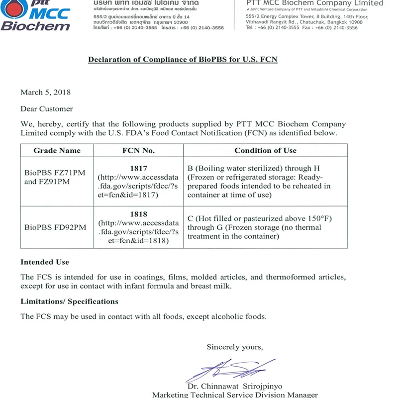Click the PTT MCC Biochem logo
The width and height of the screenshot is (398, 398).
[35, 15]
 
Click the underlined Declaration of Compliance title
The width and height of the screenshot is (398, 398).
[183, 60]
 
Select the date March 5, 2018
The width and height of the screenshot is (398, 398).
[45, 92]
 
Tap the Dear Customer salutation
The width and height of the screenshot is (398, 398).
[46, 108]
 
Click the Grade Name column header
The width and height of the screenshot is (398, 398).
[57, 150]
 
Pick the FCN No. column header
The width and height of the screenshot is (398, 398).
[138, 150]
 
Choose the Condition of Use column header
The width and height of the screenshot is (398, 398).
[265, 150]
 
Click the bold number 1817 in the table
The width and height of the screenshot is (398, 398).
[138, 169]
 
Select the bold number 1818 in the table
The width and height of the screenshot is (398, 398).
[138, 214]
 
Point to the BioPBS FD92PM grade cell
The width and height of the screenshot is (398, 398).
[55, 227]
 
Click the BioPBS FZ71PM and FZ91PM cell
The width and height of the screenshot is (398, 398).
[55, 177]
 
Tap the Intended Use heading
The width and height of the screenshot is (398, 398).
[45, 262]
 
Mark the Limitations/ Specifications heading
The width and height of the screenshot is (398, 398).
[69, 301]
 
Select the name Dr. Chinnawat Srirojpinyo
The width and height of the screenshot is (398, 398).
[234, 387]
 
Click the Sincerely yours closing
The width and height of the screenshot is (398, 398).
[235, 347]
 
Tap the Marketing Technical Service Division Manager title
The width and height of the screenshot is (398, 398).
[235, 395]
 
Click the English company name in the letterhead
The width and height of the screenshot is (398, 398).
[315, 3]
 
